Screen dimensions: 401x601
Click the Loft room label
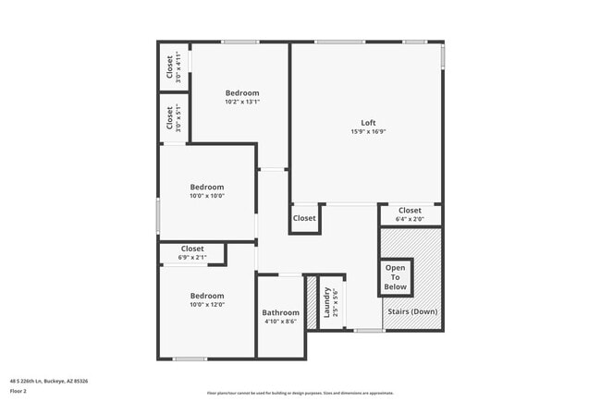point(368,123)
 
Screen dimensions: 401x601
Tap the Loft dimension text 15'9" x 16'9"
point(368,132)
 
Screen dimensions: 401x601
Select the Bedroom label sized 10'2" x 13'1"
point(242,92)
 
